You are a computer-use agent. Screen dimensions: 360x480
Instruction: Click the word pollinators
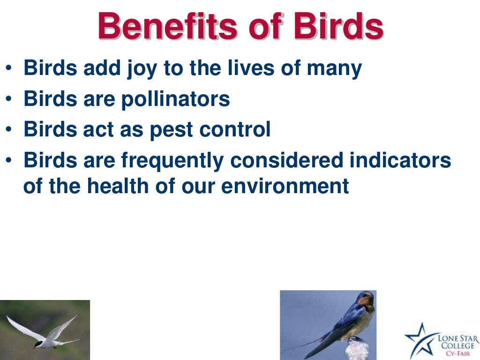point(175,99)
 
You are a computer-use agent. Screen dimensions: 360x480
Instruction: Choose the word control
point(234,129)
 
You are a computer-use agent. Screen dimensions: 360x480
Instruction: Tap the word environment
point(285,186)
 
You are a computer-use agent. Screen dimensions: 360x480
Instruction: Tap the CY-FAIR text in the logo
point(457,354)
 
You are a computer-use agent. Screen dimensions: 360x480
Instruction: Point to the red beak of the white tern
point(34,347)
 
